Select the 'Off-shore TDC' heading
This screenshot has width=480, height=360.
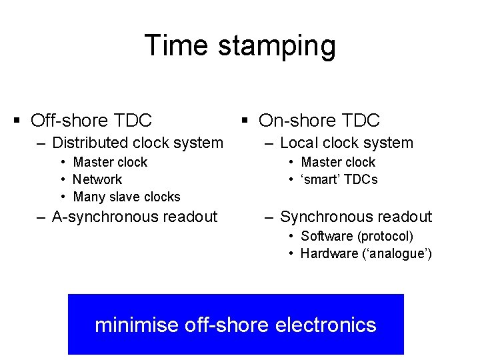point(91,121)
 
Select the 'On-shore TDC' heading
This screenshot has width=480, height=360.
point(319,121)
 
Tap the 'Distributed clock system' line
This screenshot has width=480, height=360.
point(137,143)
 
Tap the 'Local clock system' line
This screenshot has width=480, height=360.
point(347,143)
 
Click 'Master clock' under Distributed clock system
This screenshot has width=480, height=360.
point(110,162)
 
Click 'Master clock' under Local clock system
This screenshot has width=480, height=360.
point(338,162)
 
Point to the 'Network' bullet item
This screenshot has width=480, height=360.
point(97,179)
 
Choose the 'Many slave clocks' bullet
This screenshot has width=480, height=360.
point(127,197)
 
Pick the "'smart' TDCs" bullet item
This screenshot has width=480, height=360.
point(339,179)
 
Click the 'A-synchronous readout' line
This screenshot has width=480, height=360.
point(135,217)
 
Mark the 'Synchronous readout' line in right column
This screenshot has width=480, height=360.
point(356,217)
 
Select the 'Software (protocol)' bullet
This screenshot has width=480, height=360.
point(357,236)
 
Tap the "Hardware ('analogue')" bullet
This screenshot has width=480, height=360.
point(366,253)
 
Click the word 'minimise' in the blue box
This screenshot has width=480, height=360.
point(137,325)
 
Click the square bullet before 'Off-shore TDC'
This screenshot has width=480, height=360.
point(17,121)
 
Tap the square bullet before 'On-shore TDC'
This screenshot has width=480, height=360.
point(245,121)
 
